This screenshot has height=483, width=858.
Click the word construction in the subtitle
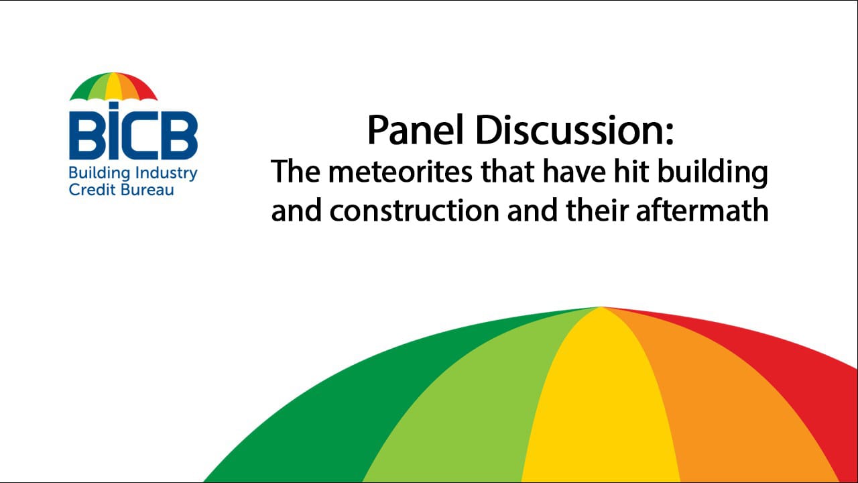(x=414, y=211)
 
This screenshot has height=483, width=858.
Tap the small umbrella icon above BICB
(x=113, y=87)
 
